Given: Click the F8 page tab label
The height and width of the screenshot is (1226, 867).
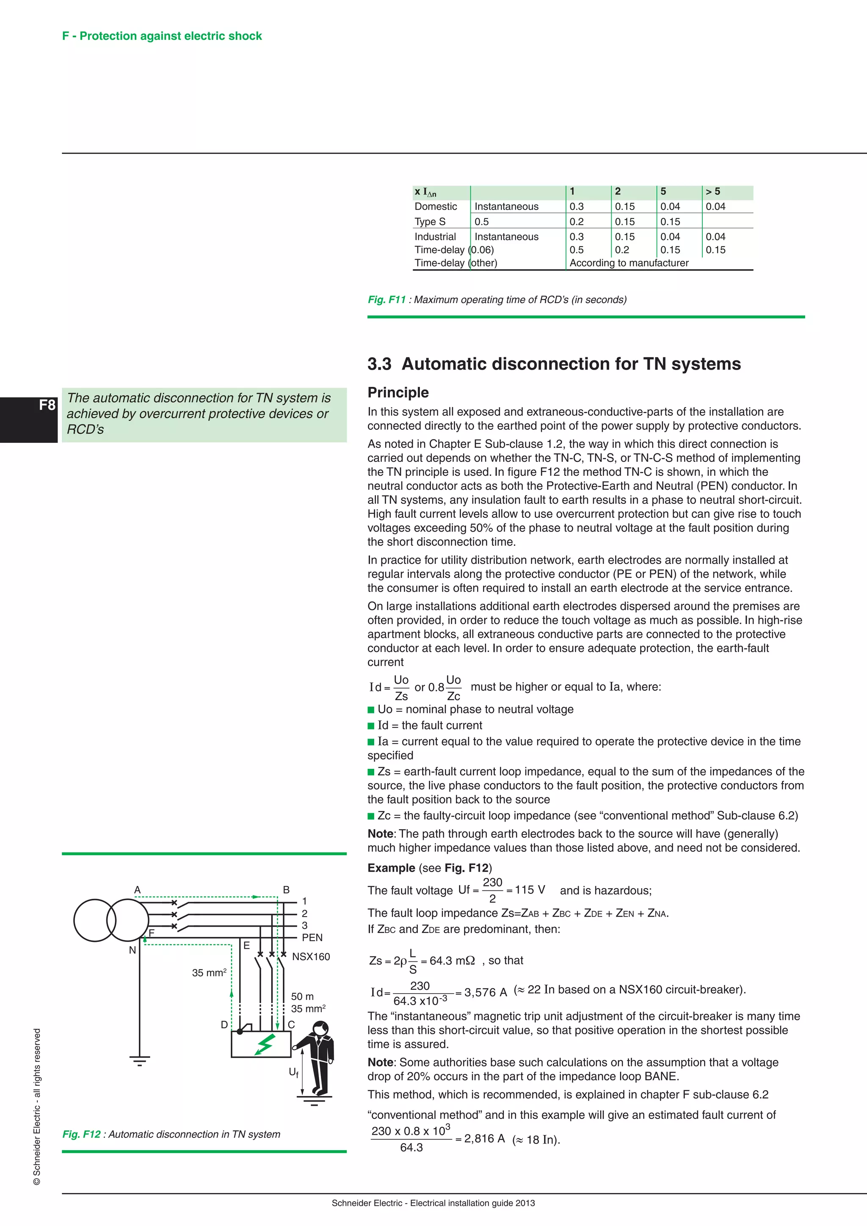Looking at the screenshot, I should [47, 405].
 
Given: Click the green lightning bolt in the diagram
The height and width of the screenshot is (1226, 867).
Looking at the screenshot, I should [265, 1044].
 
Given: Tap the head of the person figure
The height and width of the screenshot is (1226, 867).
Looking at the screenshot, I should [320, 1027].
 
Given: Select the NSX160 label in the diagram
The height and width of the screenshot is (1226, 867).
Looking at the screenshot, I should [311, 957].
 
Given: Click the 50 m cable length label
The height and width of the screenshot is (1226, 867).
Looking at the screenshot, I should [302, 997].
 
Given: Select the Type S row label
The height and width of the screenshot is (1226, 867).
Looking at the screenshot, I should [430, 221].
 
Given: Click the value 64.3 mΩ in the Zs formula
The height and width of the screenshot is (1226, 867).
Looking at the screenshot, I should [452, 961].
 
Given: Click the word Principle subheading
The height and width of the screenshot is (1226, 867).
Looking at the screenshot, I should [398, 392].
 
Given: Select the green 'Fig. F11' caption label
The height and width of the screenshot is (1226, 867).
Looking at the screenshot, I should [387, 300].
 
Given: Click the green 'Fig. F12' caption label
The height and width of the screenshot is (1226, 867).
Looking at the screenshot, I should [81, 1134].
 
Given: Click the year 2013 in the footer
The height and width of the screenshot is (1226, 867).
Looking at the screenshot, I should [525, 1203].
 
